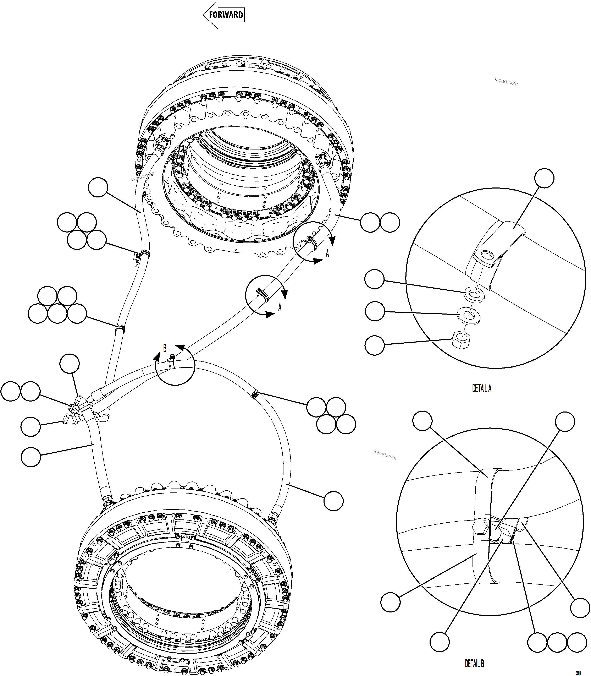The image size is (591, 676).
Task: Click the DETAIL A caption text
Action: click(481, 389)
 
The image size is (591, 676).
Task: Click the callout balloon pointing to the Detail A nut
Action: click(375, 345)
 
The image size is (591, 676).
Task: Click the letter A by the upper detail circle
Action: click(327, 253)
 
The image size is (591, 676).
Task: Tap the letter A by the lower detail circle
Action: click(280, 307)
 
